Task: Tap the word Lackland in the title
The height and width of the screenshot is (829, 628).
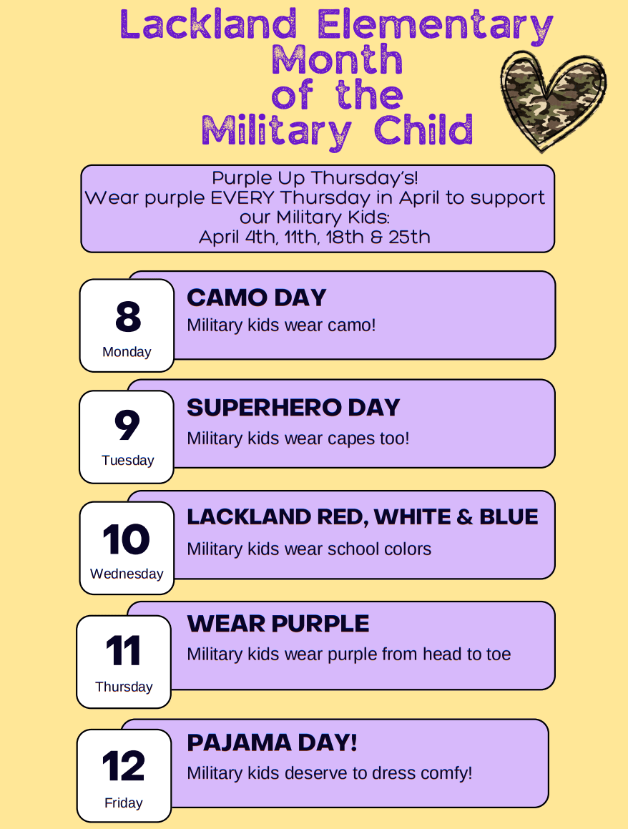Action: [x=208, y=24]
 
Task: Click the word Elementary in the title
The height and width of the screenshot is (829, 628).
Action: [x=435, y=26]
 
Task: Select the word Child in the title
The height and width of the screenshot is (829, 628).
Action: [x=423, y=129]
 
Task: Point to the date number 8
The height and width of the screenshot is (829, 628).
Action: [x=128, y=316]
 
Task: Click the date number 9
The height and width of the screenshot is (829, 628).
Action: [x=127, y=425]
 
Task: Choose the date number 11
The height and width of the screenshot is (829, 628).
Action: [x=123, y=651]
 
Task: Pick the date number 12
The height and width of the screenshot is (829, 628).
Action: [x=124, y=765]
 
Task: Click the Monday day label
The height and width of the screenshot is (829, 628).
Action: [x=127, y=352]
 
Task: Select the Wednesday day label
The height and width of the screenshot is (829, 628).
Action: [x=127, y=574]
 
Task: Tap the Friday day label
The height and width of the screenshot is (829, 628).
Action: [x=124, y=803]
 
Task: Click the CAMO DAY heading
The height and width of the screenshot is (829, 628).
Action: [x=257, y=298]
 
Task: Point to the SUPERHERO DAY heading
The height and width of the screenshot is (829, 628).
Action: [x=293, y=408]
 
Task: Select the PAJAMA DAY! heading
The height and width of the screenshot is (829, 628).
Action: [x=273, y=743]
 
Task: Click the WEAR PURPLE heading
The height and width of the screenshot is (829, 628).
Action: [x=278, y=624]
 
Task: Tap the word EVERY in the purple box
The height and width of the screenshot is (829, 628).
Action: [x=242, y=197]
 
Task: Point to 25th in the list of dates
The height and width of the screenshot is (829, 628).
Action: [x=410, y=237]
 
